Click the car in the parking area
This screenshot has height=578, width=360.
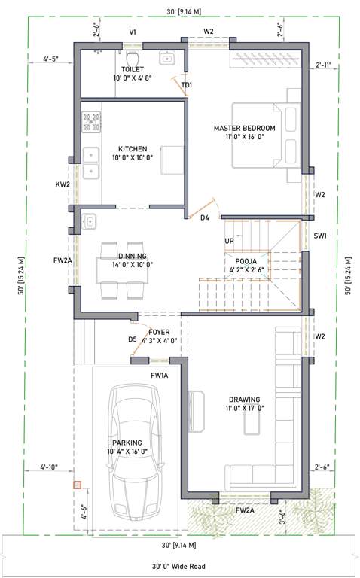click(x=136, y=455)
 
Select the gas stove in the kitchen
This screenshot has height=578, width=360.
click(x=91, y=121)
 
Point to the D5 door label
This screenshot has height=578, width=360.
click(x=133, y=339)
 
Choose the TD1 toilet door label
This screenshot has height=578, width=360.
click(x=186, y=85)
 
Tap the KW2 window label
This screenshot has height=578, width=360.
click(x=63, y=184)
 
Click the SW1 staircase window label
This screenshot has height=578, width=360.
click(x=320, y=236)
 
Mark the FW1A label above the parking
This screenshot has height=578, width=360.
click(x=159, y=375)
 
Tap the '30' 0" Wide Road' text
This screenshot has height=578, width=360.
click(x=179, y=567)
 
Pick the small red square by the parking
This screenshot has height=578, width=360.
click(x=76, y=486)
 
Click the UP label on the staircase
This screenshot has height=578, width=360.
click(x=229, y=241)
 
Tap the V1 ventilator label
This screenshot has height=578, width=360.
click(x=133, y=32)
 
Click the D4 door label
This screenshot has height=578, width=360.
click(x=204, y=218)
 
